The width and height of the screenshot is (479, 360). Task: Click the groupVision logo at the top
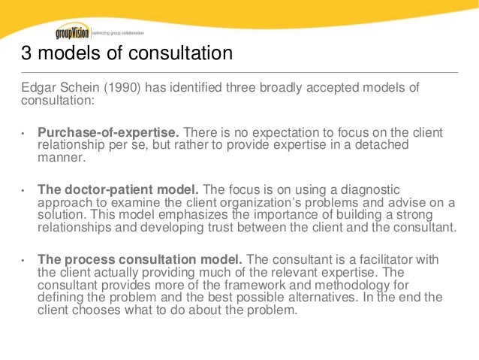pyautogui.click(x=73, y=32)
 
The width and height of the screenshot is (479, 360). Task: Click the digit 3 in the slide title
pyautogui.click(x=26, y=55)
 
